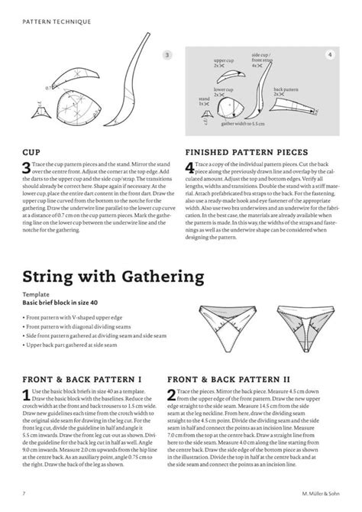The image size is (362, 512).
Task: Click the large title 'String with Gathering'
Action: [x=112, y=274]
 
